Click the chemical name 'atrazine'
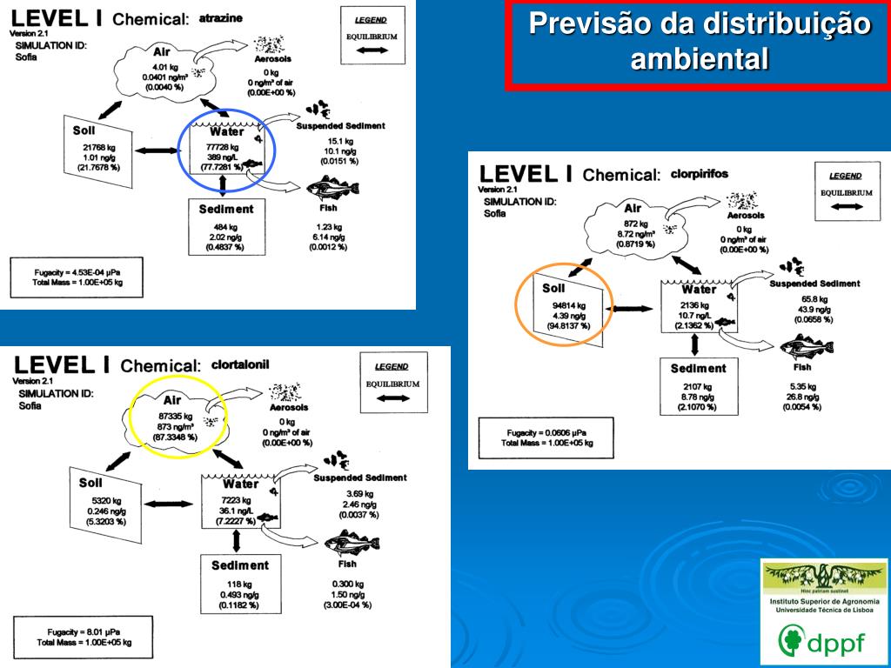tap(221, 17)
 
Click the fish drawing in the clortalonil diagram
tap(352, 545)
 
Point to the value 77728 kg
tap(222, 147)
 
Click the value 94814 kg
tap(569, 305)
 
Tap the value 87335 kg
tap(175, 417)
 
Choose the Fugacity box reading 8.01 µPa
tap(84, 637)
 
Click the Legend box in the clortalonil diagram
tap(392, 384)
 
